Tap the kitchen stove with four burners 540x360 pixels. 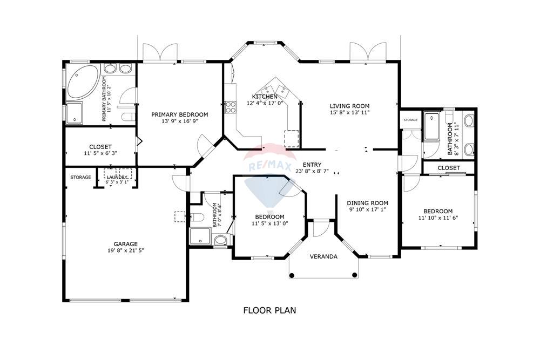click(230, 107)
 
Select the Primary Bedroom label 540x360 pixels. click(180, 114)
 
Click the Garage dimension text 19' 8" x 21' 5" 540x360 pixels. click(125, 250)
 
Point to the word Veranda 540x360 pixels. click(323, 257)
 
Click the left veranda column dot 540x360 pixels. click(292, 275)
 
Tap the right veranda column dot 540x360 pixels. click(355, 275)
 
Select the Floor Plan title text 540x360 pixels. click(269, 310)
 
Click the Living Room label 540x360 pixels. click(349, 106)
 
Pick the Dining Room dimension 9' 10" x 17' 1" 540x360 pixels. click(367, 209)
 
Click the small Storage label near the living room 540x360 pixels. click(410, 120)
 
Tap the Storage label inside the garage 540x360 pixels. click(80, 177)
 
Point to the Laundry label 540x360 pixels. click(117, 177)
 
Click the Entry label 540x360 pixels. click(312, 165)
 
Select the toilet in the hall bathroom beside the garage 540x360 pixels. click(197, 218)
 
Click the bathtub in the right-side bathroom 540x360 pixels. click(432, 126)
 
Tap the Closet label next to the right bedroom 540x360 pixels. click(449, 168)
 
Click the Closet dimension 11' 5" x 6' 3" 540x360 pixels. click(100, 153)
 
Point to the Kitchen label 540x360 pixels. click(265, 97)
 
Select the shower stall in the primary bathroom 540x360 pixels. click(74, 113)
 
